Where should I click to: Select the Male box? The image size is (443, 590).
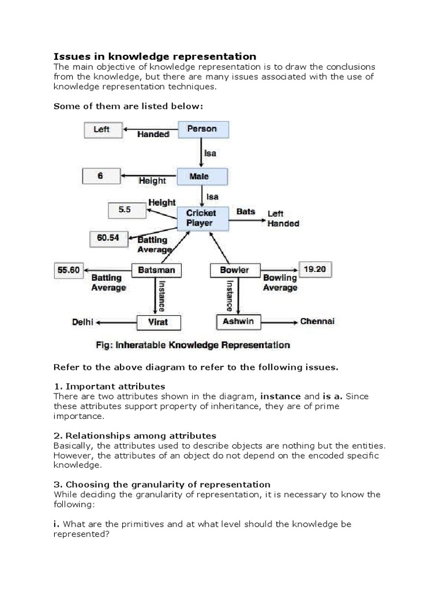point(199,176)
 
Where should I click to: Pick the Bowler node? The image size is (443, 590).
point(234,270)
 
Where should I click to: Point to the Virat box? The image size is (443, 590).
point(158,322)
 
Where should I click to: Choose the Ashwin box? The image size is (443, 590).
point(238,322)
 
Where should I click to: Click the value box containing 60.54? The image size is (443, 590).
point(108,237)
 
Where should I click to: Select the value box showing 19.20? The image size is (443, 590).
point(314,268)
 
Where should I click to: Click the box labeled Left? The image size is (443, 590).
point(102,130)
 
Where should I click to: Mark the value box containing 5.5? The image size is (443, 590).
point(125,210)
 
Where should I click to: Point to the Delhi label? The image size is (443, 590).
point(82,322)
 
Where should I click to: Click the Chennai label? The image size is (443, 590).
point(317,322)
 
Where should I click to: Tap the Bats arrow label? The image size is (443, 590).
point(246,212)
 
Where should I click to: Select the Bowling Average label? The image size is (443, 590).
point(280,283)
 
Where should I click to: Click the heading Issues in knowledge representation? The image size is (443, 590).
point(155,56)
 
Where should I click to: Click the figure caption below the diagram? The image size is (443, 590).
point(192,346)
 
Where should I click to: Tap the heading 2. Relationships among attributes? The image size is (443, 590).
point(134,435)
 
